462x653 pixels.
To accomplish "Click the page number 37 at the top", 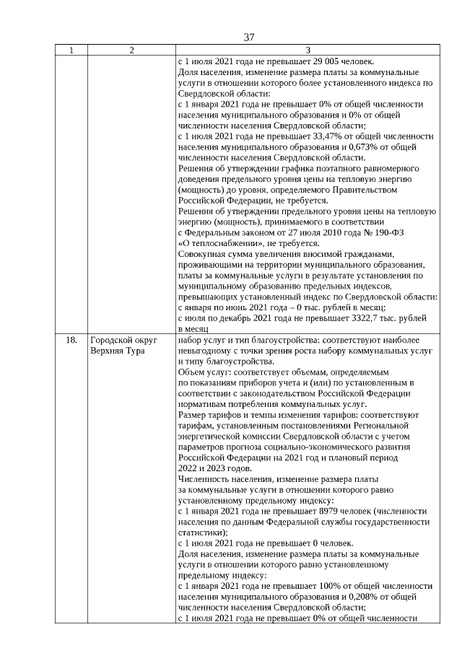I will pyautogui.click(x=249, y=37).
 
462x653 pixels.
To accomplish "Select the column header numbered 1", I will pyautogui.click(x=71, y=51).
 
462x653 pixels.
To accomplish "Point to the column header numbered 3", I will pyautogui.click(x=308, y=51).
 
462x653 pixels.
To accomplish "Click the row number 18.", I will pyautogui.click(x=71, y=340).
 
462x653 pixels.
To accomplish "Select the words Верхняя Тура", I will pyautogui.click(x=118, y=351).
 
